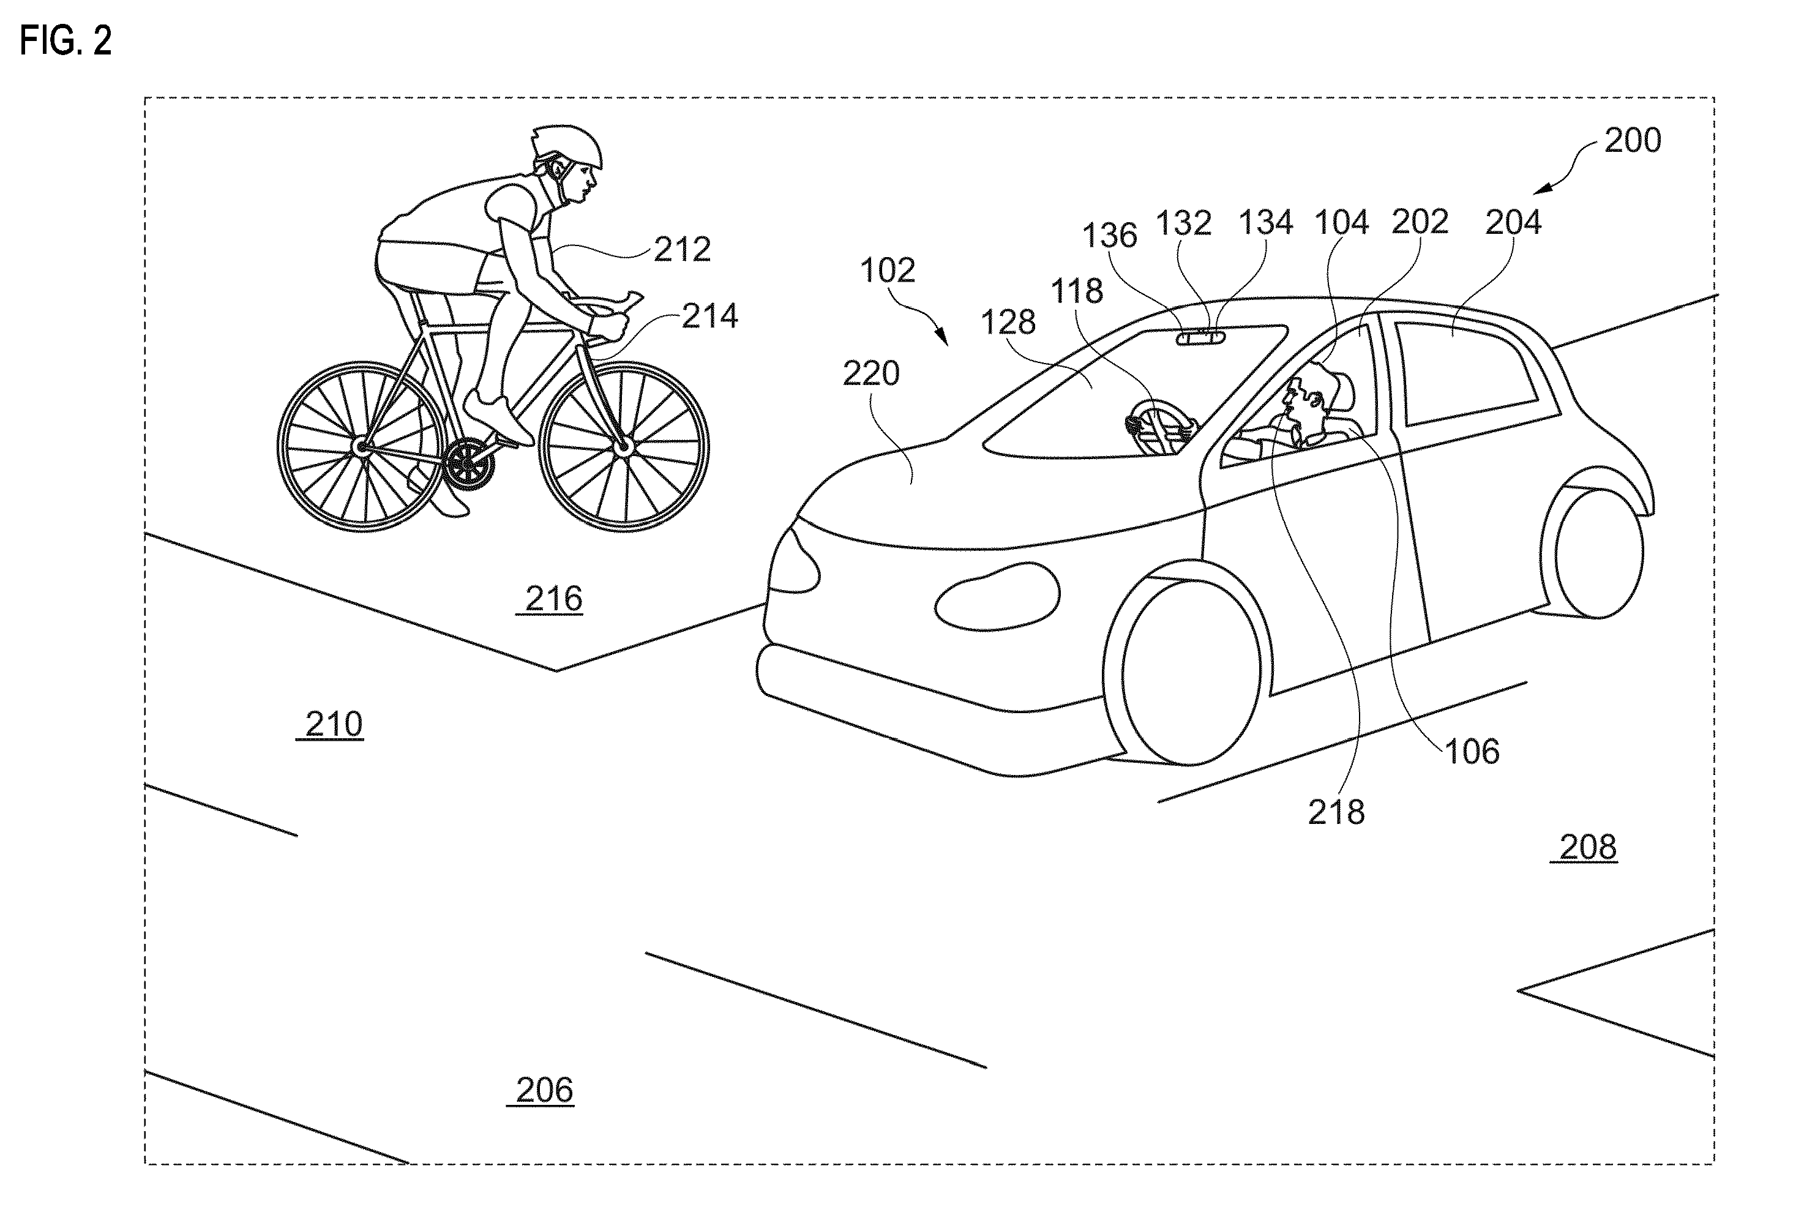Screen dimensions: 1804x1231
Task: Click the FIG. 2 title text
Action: [66, 40]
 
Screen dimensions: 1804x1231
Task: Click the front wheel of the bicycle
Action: [623, 446]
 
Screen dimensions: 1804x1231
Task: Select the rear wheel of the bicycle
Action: [362, 446]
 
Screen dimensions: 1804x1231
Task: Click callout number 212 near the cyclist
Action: [683, 250]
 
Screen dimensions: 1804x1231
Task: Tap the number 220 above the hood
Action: [871, 374]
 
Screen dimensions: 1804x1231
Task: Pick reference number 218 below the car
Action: [1336, 813]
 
